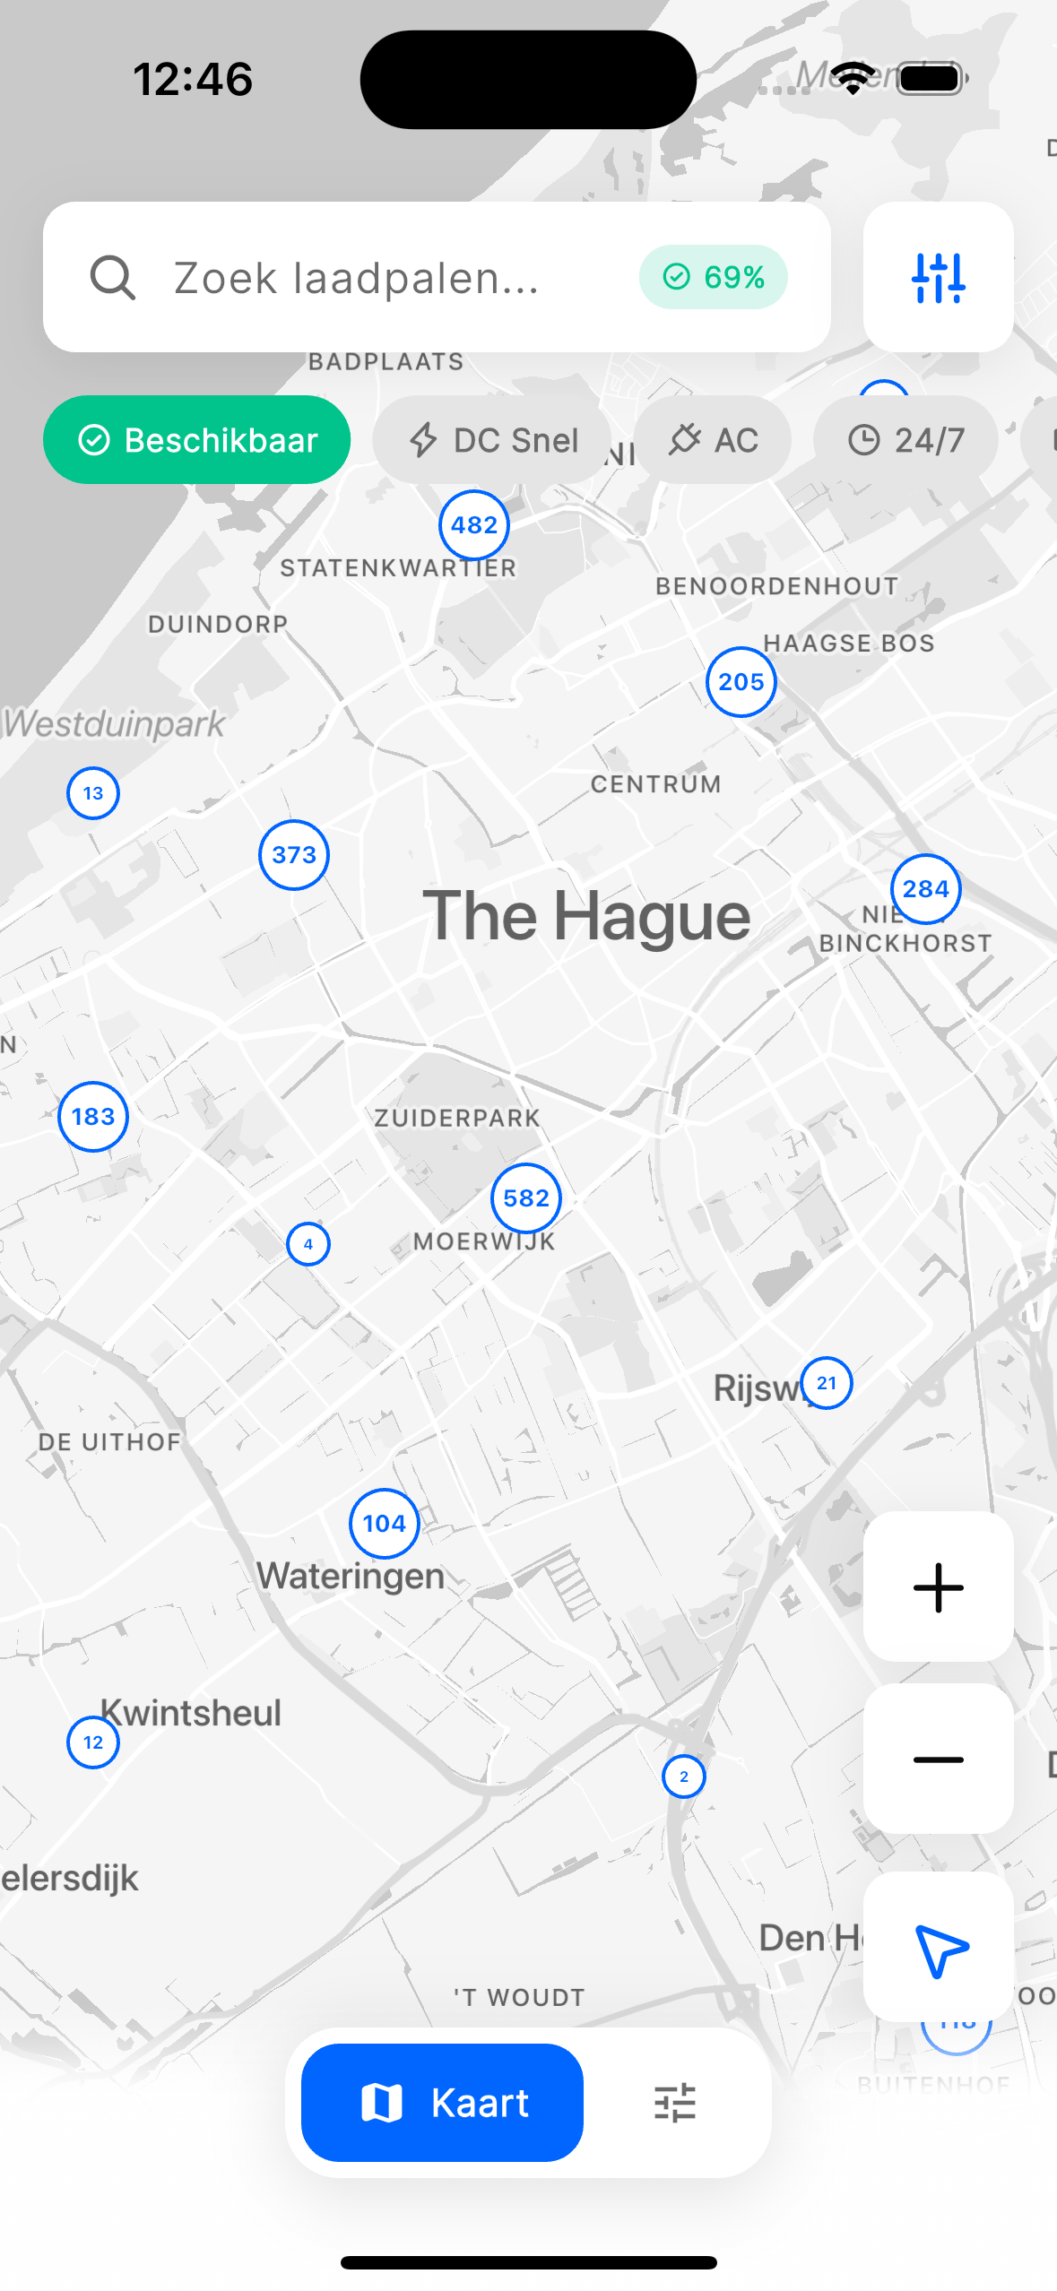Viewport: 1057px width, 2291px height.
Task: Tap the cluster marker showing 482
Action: (474, 525)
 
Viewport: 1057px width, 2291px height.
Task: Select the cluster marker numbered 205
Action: (741, 682)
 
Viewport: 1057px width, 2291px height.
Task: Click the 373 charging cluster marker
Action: (294, 855)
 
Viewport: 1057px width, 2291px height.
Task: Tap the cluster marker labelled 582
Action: (526, 1198)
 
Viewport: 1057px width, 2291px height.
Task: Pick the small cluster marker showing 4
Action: (308, 1244)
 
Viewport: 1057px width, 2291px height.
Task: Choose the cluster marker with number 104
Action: (385, 1524)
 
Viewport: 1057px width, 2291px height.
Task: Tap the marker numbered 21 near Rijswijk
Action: (827, 1383)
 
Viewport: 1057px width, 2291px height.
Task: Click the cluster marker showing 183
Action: (93, 1117)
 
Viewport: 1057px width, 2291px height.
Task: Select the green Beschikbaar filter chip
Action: (197, 440)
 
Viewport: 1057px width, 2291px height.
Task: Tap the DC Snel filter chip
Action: (493, 440)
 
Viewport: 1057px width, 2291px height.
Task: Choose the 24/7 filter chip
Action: (905, 440)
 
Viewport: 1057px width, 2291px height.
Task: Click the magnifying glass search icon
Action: (113, 278)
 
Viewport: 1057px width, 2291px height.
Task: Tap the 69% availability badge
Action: (714, 277)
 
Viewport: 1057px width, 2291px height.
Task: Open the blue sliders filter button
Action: (938, 277)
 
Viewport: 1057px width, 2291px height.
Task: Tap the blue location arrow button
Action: (938, 1948)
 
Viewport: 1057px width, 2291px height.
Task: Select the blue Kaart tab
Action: (443, 2103)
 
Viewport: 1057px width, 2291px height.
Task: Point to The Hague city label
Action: (587, 916)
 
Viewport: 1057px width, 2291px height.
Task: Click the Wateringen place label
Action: (351, 1576)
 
